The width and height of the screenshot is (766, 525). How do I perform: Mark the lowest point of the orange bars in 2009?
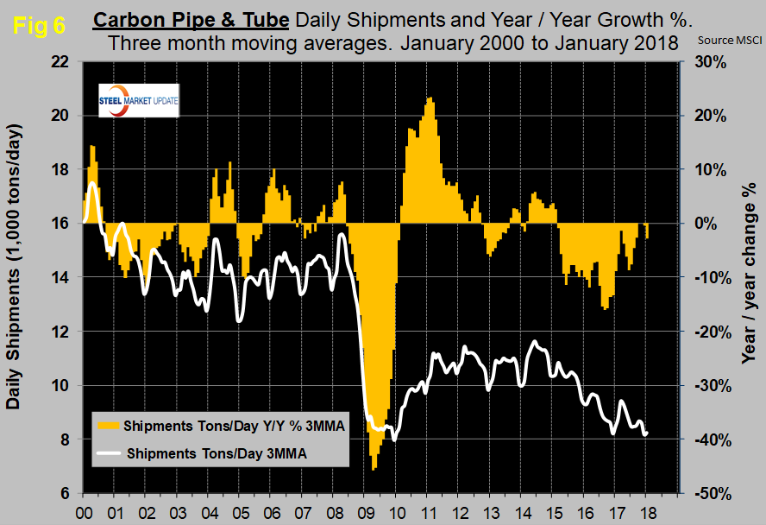pyautogui.click(x=374, y=469)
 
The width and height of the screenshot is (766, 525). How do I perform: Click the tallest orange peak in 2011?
pyautogui.click(x=429, y=98)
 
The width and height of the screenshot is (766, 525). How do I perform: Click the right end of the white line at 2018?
pyautogui.click(x=647, y=433)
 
